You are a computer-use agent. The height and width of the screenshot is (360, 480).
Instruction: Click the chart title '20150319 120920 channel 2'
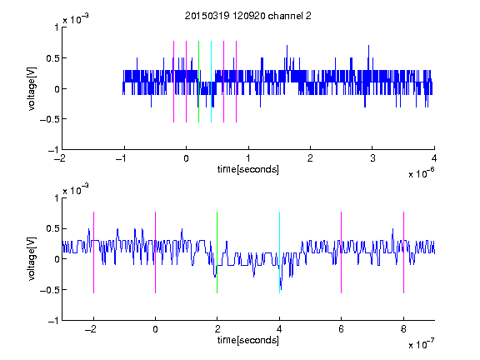tap(248, 16)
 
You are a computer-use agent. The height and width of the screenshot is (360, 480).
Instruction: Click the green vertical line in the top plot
tap(198, 82)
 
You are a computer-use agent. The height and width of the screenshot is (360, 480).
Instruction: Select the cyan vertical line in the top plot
tap(211, 82)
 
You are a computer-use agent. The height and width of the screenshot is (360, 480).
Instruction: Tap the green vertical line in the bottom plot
tap(217, 252)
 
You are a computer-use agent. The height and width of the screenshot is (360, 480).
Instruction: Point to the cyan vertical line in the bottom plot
tap(279, 252)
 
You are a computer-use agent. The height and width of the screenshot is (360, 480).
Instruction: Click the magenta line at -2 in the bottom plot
tap(93, 252)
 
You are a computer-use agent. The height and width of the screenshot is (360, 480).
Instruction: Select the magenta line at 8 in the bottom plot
tap(403, 252)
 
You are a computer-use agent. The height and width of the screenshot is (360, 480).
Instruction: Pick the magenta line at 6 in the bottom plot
tap(342, 252)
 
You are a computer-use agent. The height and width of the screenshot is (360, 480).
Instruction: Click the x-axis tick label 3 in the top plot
tap(372, 158)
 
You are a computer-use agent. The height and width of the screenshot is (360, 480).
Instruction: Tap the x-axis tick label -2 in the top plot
tap(60, 158)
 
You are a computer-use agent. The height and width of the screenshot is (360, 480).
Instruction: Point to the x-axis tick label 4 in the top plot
tap(434, 158)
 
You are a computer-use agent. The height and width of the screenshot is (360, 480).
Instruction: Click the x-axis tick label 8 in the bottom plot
tap(403, 329)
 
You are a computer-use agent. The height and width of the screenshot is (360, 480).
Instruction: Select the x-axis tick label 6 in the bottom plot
tap(342, 329)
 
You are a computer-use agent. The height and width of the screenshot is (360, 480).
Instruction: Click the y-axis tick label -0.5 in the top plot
tap(49, 119)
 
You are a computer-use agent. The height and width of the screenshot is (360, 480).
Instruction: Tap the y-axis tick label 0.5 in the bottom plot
tap(52, 228)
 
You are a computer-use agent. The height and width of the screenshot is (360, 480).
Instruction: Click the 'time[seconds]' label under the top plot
tap(248, 169)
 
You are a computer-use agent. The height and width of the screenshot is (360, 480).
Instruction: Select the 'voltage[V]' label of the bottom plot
tap(32, 259)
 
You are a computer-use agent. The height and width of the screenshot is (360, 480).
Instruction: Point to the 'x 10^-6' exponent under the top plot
tap(421, 173)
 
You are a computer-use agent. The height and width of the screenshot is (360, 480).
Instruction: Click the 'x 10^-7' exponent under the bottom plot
tap(421, 344)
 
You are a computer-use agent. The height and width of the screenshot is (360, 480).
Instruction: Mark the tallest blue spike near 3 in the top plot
tap(368, 58)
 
